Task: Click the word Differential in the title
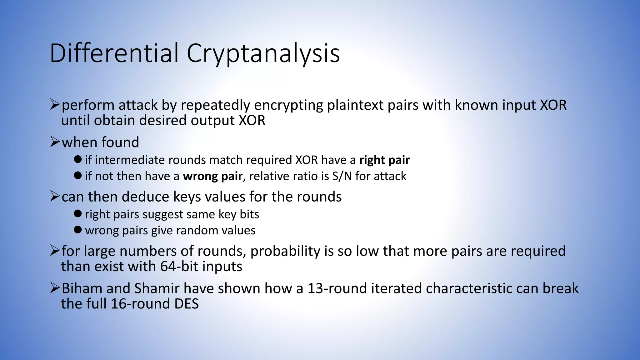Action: tap(114, 53)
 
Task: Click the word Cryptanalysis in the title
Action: tap(263, 54)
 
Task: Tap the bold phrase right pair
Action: tap(384, 160)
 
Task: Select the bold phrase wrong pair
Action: tap(212, 176)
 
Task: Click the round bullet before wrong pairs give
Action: tap(78, 230)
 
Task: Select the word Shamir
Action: tap(157, 288)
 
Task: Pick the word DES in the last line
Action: tap(187, 304)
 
